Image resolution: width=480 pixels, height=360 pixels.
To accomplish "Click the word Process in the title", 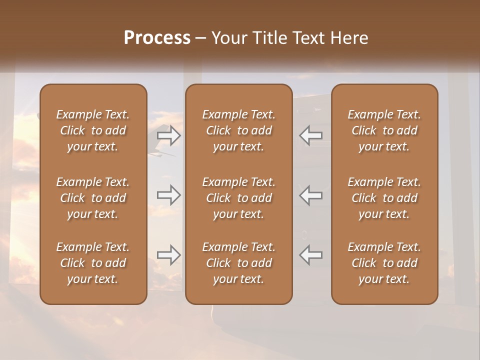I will [157, 38].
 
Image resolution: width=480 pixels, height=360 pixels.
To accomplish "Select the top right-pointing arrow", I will [169, 135].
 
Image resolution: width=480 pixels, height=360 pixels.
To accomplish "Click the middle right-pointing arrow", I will [169, 195].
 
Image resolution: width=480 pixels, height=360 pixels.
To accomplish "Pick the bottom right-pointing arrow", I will [169, 255].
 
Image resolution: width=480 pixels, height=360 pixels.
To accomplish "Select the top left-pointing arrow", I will [311, 135].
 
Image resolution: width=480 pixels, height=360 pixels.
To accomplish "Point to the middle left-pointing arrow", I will [311, 195].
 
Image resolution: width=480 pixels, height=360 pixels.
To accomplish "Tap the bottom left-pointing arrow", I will [311, 255].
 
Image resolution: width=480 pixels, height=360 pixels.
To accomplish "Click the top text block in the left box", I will [93, 130].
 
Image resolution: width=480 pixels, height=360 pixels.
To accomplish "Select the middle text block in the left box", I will [93, 198].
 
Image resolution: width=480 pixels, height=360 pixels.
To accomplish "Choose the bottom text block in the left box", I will [93, 263].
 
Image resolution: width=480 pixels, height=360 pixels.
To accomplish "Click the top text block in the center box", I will [239, 130].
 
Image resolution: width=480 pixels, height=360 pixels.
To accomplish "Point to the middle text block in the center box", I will [239, 198].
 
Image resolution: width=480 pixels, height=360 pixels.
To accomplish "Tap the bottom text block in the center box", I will [239, 263].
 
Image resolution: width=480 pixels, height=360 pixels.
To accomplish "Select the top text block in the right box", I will [384, 130].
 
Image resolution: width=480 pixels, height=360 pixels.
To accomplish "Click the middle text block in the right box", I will [384, 198].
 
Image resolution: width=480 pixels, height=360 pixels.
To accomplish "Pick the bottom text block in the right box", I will [384, 263].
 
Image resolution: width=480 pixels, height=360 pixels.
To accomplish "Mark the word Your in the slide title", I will [229, 38].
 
